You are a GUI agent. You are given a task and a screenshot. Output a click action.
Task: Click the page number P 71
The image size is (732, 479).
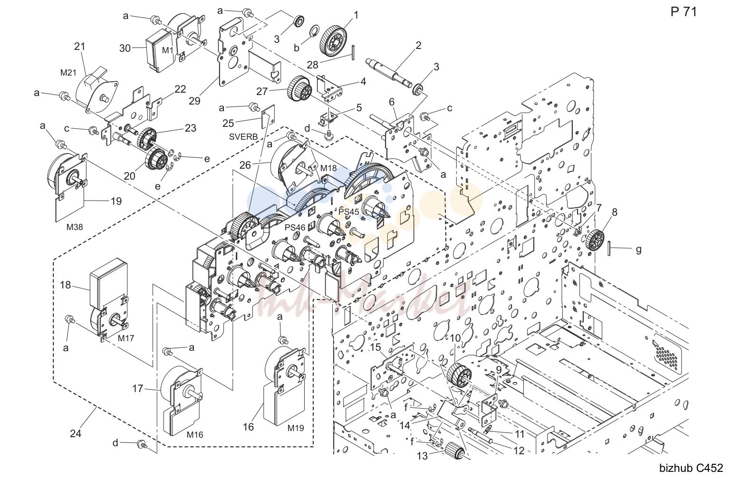coord(684,12)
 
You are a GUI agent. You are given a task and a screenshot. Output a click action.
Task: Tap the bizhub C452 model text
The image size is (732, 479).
coord(691,468)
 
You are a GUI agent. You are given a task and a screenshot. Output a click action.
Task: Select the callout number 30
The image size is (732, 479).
coord(125,48)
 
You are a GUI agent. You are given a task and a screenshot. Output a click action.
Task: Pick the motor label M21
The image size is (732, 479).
coord(68,73)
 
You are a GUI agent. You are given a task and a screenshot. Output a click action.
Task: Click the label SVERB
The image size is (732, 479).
coord(243,137)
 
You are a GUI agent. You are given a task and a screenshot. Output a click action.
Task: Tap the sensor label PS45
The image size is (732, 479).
coord(349,212)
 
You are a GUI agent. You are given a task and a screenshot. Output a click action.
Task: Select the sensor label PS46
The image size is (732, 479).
coord(295,228)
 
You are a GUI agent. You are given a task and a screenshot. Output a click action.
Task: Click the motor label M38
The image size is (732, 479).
coord(75,227)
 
